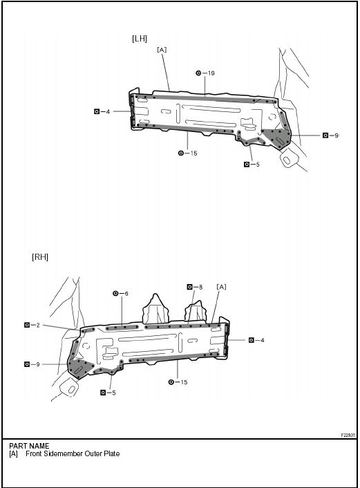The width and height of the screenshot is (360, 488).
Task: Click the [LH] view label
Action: click(140, 39)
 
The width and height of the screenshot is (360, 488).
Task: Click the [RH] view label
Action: click(41, 256)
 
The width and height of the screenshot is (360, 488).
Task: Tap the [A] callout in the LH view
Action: click(162, 50)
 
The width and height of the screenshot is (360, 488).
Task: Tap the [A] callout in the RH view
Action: click(221, 286)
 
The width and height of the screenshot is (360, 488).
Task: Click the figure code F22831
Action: click(348, 435)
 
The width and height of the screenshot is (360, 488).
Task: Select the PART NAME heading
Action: click(29, 446)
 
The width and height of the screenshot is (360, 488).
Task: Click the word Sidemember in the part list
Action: click(61, 454)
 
